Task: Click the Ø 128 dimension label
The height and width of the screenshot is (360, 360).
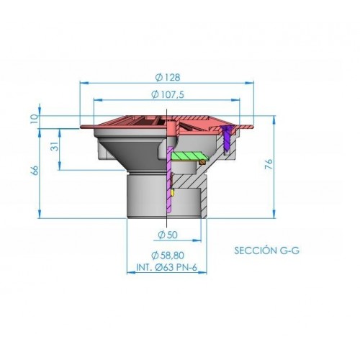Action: [x=168, y=77]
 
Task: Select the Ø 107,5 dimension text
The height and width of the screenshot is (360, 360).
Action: [x=168, y=94]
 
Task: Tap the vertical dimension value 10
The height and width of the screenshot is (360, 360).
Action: [x=35, y=119]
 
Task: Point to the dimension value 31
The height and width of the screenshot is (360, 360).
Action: [x=55, y=146]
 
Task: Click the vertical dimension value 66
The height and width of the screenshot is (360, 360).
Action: [x=35, y=170]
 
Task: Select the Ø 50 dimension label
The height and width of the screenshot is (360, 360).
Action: [x=168, y=235]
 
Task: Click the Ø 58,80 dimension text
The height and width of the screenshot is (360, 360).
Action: [x=168, y=255]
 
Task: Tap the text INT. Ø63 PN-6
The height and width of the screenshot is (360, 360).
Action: [x=166, y=267]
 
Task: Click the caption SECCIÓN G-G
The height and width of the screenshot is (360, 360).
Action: [x=267, y=251]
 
